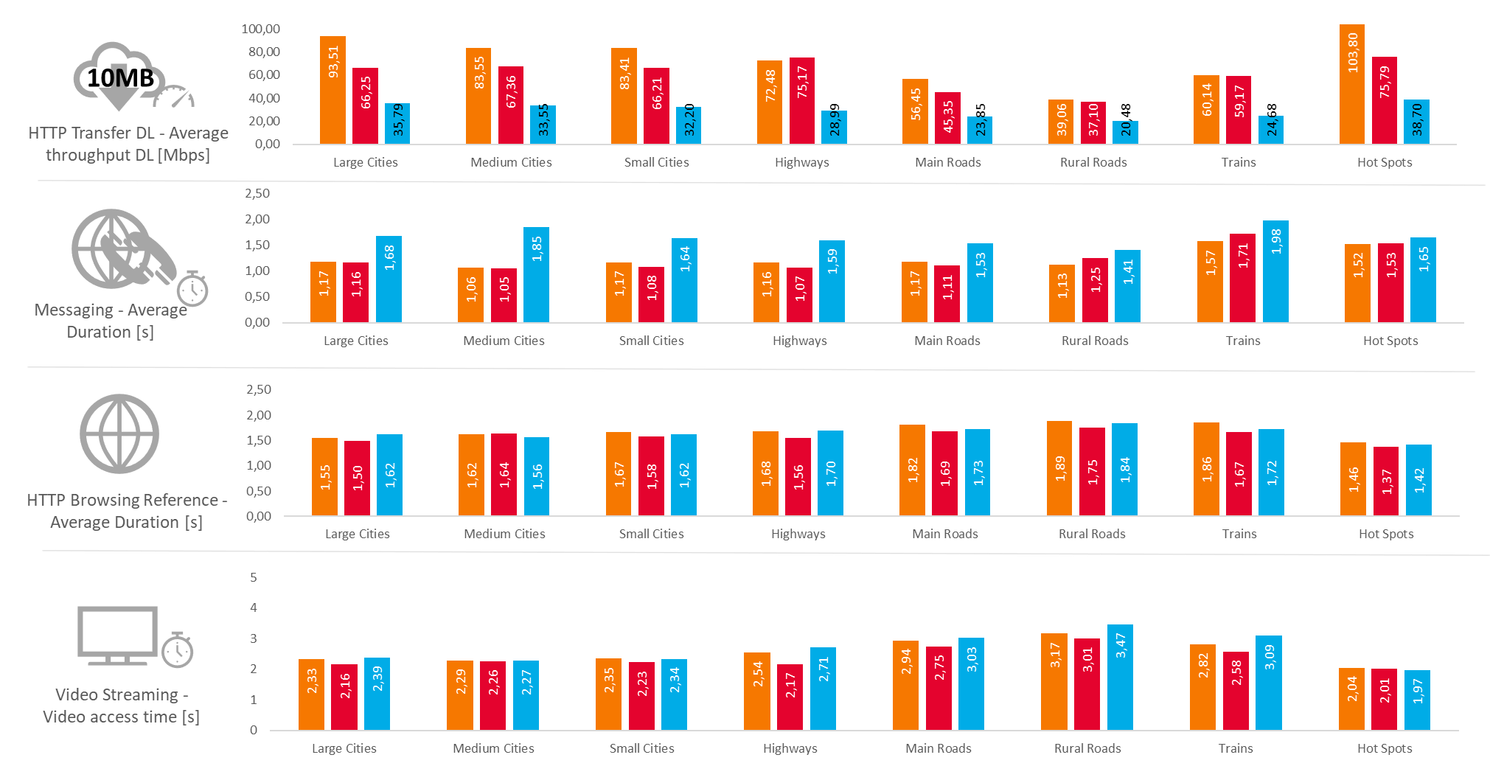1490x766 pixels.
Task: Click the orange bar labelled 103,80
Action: pos(1351,84)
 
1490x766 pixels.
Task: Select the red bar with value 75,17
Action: pos(801,100)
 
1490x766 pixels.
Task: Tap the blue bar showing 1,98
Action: pos(1275,271)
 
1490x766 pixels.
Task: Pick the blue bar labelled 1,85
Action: pos(536,274)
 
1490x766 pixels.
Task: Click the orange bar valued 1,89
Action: pos(1059,468)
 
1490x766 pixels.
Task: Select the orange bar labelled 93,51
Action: pos(333,90)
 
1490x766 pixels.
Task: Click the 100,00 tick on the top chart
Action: pos(260,29)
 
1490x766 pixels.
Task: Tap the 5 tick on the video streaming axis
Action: pos(253,577)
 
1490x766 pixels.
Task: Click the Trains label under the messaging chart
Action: pos(1243,341)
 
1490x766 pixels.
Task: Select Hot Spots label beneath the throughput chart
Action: pos(1385,162)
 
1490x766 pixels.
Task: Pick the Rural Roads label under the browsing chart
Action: pos(1092,534)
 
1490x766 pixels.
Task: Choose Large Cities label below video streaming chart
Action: pos(344,748)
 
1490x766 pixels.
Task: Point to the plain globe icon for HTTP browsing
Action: pos(119,434)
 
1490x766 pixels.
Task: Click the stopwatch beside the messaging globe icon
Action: pos(192,289)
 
